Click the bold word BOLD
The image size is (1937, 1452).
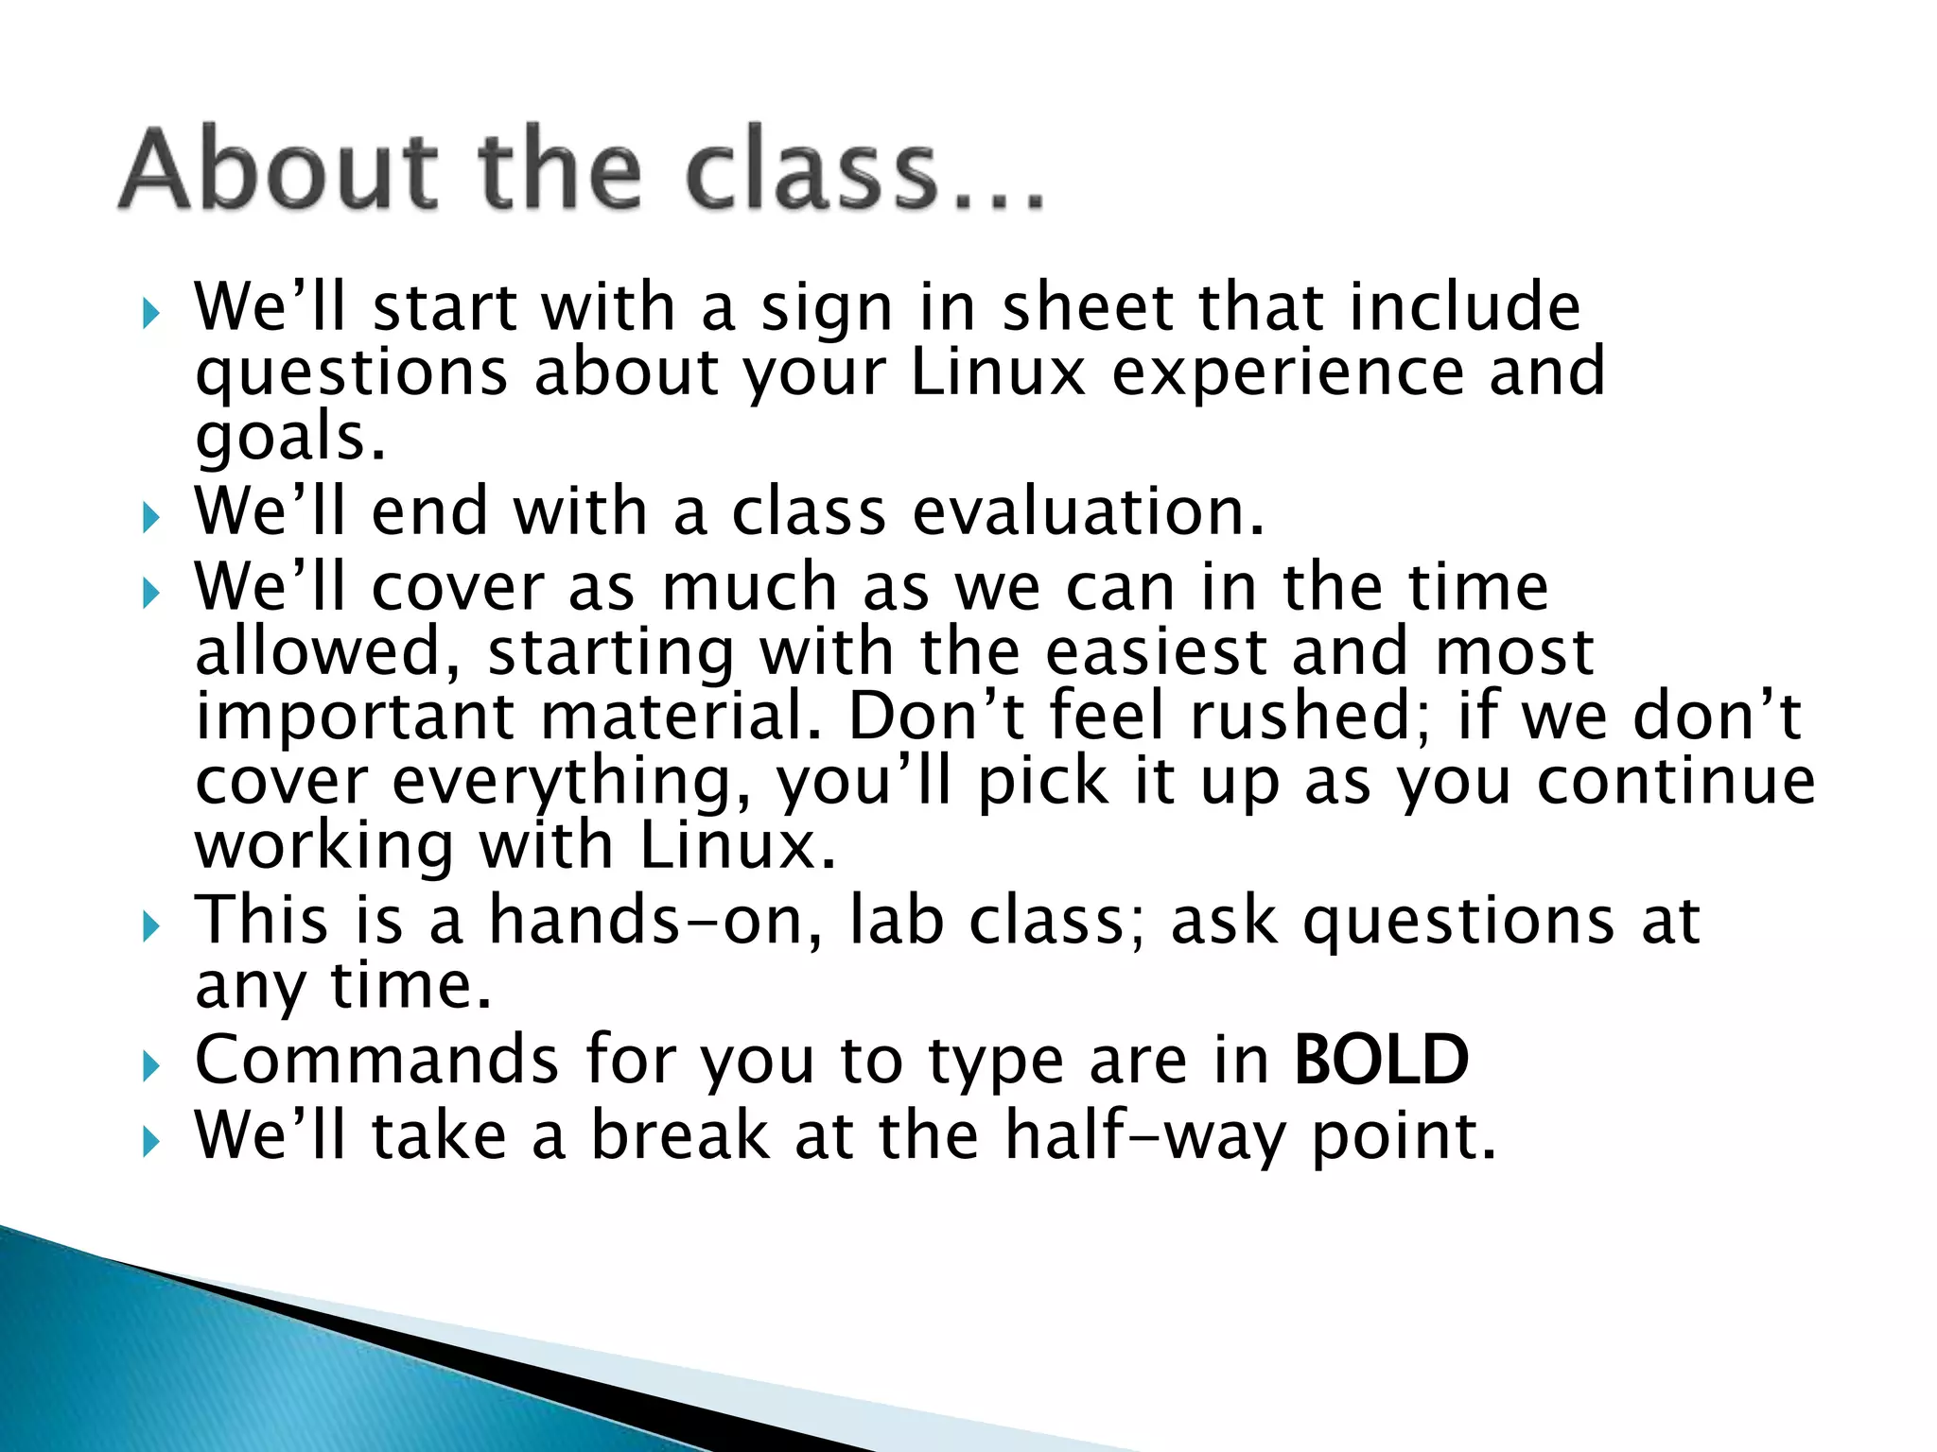(1381, 1060)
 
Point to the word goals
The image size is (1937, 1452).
(289, 438)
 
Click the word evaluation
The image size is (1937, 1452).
(1088, 511)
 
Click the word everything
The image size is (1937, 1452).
(573, 782)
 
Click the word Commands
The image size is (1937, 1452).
(376, 1060)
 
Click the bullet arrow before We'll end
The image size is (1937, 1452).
(151, 517)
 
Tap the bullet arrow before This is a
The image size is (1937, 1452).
(151, 925)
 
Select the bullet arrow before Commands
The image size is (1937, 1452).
(151, 1066)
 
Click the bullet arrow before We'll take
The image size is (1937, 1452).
(151, 1141)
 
